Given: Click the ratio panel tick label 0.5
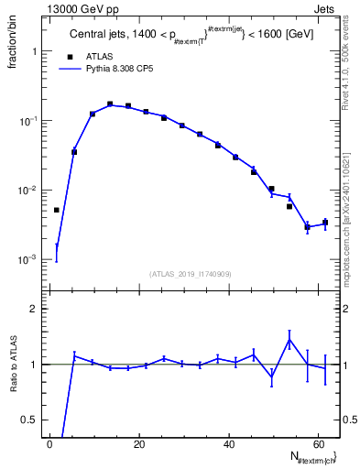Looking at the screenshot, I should [x=29, y=420].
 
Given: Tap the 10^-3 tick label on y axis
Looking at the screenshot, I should [x=27, y=260].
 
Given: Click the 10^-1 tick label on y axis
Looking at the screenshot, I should [x=27, y=121].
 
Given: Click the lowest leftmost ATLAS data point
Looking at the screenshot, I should [x=56, y=210].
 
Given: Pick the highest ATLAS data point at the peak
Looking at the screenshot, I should [x=110, y=104].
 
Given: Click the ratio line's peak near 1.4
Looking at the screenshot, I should [x=289, y=340].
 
